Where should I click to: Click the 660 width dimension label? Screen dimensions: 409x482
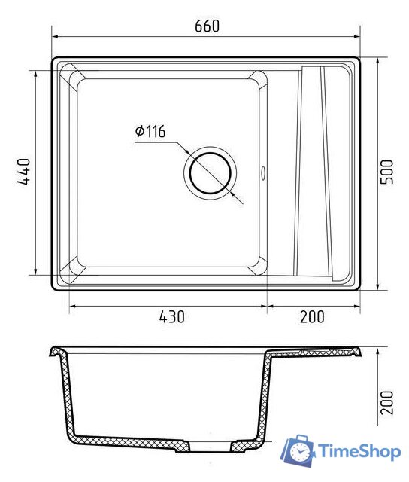pyautogui.click(x=207, y=26)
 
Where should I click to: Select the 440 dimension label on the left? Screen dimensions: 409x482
pyautogui.click(x=23, y=172)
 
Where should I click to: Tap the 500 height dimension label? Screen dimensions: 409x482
pyautogui.click(x=386, y=172)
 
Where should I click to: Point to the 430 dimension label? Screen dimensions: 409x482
pyautogui.click(x=172, y=316)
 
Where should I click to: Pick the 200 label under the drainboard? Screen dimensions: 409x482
pyautogui.click(x=312, y=316)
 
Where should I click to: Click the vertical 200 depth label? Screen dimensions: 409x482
pyautogui.click(x=386, y=403)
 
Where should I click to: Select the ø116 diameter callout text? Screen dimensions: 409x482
pyautogui.click(x=150, y=131)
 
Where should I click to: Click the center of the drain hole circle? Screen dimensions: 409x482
pyautogui.click(x=211, y=173)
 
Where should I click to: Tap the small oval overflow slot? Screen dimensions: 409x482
pyautogui.click(x=263, y=173)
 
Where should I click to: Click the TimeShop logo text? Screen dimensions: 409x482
pyautogui.click(x=359, y=451)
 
